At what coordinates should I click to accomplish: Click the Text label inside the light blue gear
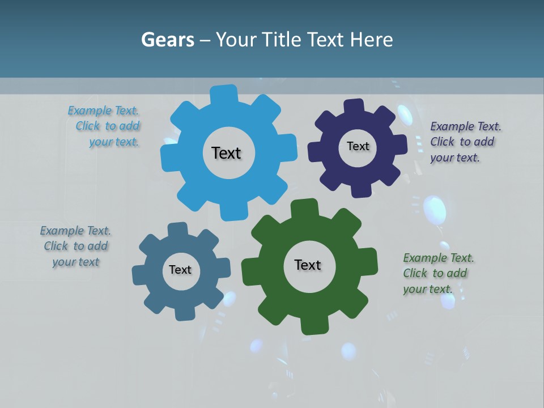tap(226, 153)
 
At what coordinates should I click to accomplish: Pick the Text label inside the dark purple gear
tap(358, 146)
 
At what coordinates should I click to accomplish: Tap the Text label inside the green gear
tap(308, 265)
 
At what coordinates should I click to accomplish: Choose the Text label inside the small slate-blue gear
tap(180, 270)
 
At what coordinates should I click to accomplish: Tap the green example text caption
tap(437, 274)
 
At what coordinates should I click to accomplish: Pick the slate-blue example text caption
tap(75, 246)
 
